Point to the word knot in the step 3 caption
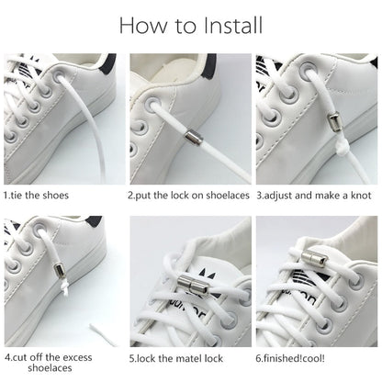pyautogui.click(x=365, y=196)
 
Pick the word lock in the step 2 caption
pyautogui.click(x=177, y=196)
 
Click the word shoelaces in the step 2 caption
pyautogui.click(x=223, y=196)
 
